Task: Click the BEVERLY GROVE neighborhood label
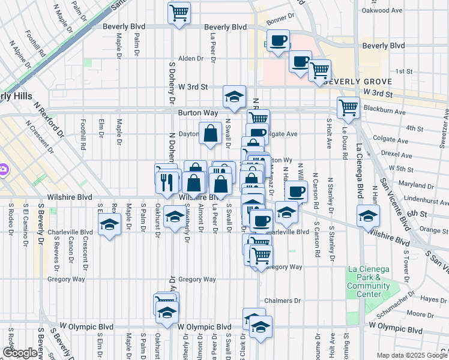click(x=357, y=82)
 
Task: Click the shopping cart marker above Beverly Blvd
click(x=178, y=13)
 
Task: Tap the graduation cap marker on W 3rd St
click(x=234, y=97)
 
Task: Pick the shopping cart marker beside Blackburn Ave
click(x=348, y=109)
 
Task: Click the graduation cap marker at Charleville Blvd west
click(x=109, y=226)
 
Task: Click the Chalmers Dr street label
click(x=280, y=301)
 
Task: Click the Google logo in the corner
click(x=19, y=353)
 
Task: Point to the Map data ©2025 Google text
click(x=411, y=355)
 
